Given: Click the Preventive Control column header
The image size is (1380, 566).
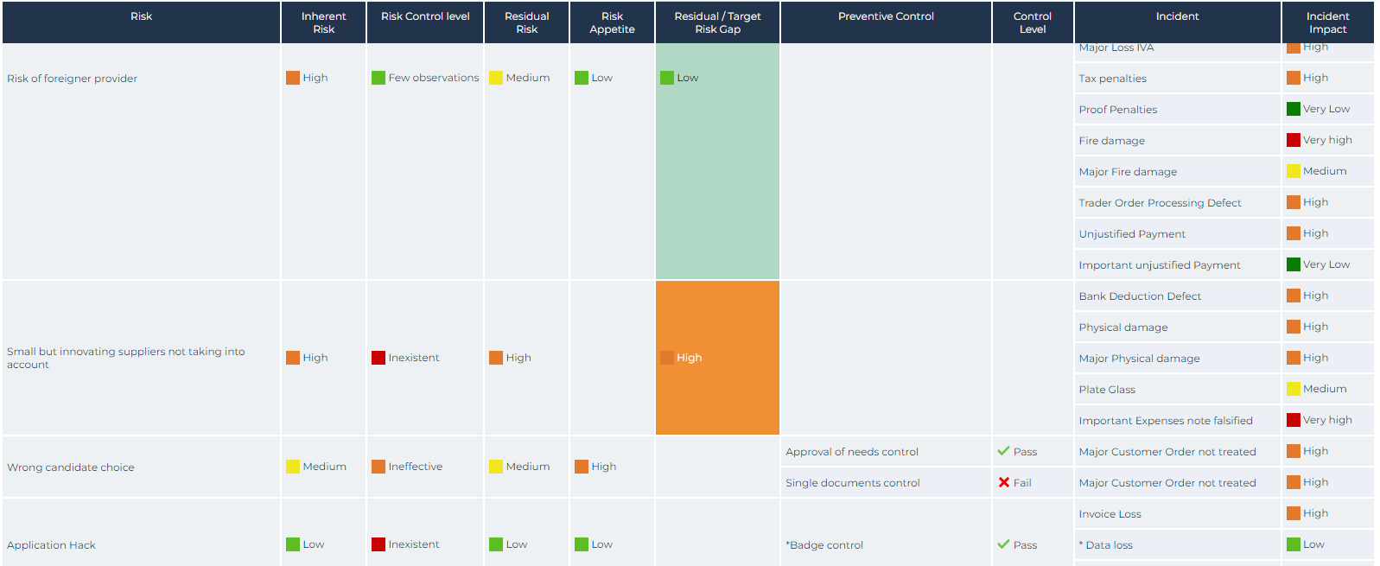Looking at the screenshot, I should (886, 16).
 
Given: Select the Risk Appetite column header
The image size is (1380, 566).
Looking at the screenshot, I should (612, 22).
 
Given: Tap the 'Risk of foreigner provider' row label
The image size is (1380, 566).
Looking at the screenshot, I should (73, 79).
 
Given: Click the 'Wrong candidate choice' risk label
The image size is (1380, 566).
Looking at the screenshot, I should (71, 467).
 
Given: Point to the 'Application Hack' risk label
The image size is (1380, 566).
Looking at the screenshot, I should (52, 545).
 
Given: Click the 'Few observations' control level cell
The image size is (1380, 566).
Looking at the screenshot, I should (433, 78).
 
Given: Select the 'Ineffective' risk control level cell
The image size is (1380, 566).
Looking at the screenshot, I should (415, 467).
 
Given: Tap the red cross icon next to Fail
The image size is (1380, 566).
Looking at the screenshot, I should (1003, 483).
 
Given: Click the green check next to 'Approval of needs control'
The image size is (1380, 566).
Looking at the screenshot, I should (1003, 451).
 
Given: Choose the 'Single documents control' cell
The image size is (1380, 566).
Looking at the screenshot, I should (852, 483).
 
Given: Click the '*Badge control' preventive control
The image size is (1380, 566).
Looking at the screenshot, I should (824, 545).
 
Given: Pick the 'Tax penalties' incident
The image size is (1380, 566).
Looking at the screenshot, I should (1112, 79).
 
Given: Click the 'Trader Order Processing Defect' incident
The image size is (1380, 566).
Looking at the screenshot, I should (1160, 203).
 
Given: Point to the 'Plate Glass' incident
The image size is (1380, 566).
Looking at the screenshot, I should (1107, 390).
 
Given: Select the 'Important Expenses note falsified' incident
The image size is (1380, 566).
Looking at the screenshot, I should (1165, 421).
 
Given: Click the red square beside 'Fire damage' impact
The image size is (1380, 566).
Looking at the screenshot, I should (1293, 140).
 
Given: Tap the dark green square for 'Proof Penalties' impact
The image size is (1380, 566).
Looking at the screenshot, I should (1293, 109).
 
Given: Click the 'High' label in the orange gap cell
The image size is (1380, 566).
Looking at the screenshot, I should (689, 358).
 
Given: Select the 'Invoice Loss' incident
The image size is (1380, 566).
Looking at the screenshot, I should (1110, 514).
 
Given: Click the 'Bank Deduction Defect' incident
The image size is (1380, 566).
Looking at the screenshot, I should (1140, 296).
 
